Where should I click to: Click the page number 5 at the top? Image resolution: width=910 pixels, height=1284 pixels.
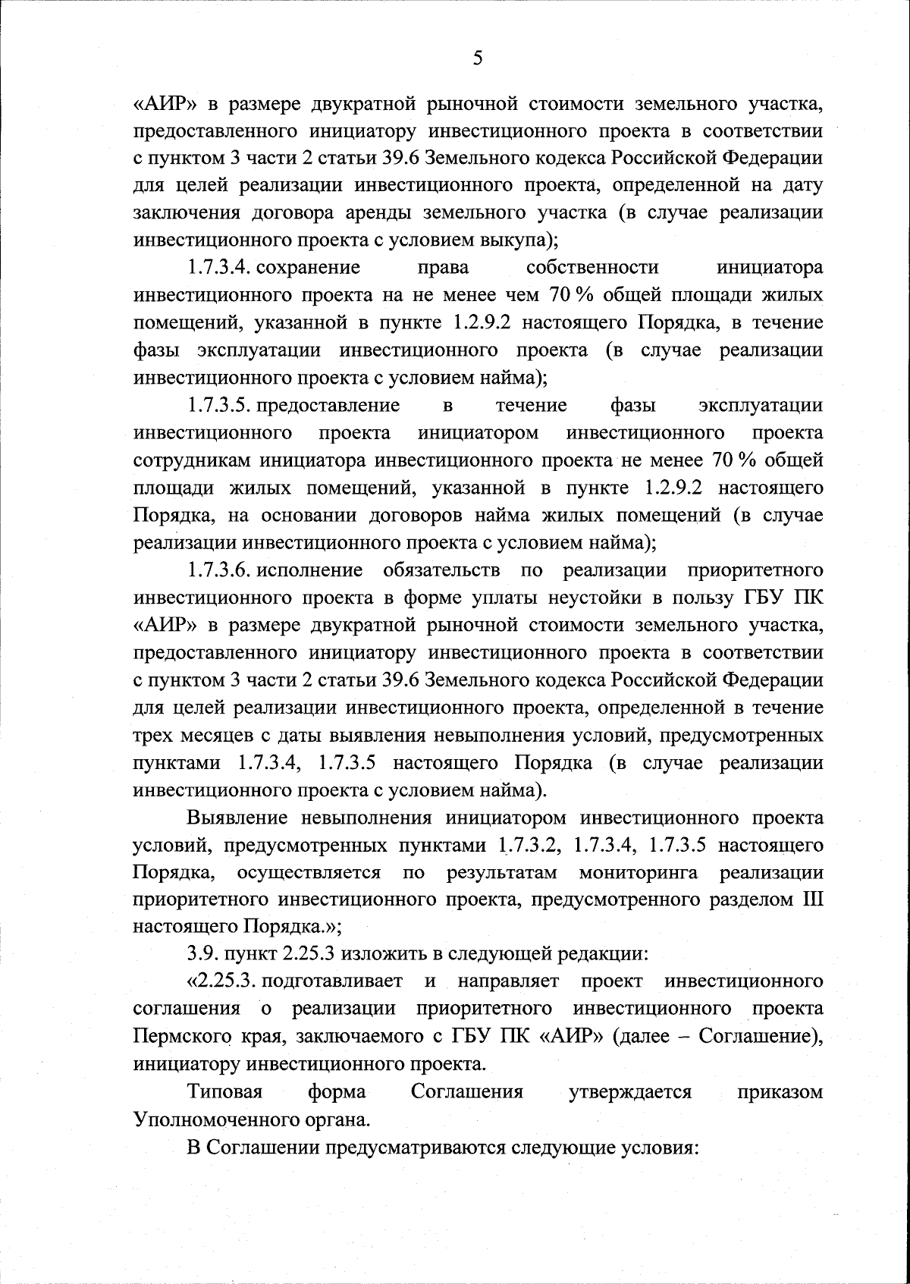click(x=477, y=58)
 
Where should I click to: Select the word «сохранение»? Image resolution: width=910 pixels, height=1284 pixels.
click(x=317, y=268)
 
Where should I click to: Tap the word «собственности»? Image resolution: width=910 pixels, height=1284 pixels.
click(x=591, y=268)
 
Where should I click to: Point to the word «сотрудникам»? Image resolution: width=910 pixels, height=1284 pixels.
click(x=193, y=460)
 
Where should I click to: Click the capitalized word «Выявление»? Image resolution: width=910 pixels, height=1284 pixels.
click(x=236, y=818)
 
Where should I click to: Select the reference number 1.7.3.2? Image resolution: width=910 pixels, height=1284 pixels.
click(x=529, y=846)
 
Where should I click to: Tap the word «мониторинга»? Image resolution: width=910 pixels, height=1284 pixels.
click(x=639, y=873)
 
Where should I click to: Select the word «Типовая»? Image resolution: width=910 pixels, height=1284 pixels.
click(x=224, y=1091)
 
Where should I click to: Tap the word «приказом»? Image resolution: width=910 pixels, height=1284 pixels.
click(x=780, y=1091)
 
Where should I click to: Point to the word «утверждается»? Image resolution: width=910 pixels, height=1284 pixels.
click(x=629, y=1091)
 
